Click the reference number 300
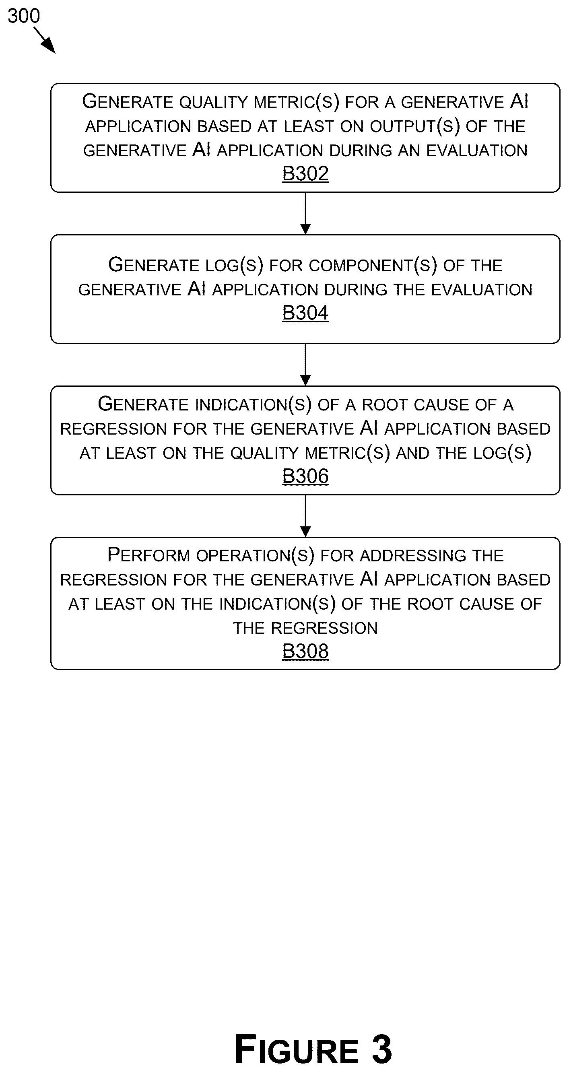click(x=24, y=16)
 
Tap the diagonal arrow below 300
click(x=45, y=40)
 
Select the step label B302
click(x=305, y=173)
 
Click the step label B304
click(x=305, y=313)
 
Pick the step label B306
click(x=305, y=476)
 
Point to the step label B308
click(x=305, y=651)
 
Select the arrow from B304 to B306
click(x=305, y=365)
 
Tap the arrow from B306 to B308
click(x=305, y=516)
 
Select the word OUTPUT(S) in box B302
click(x=414, y=126)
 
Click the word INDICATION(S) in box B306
click(x=253, y=405)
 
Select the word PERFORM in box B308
click(x=148, y=555)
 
